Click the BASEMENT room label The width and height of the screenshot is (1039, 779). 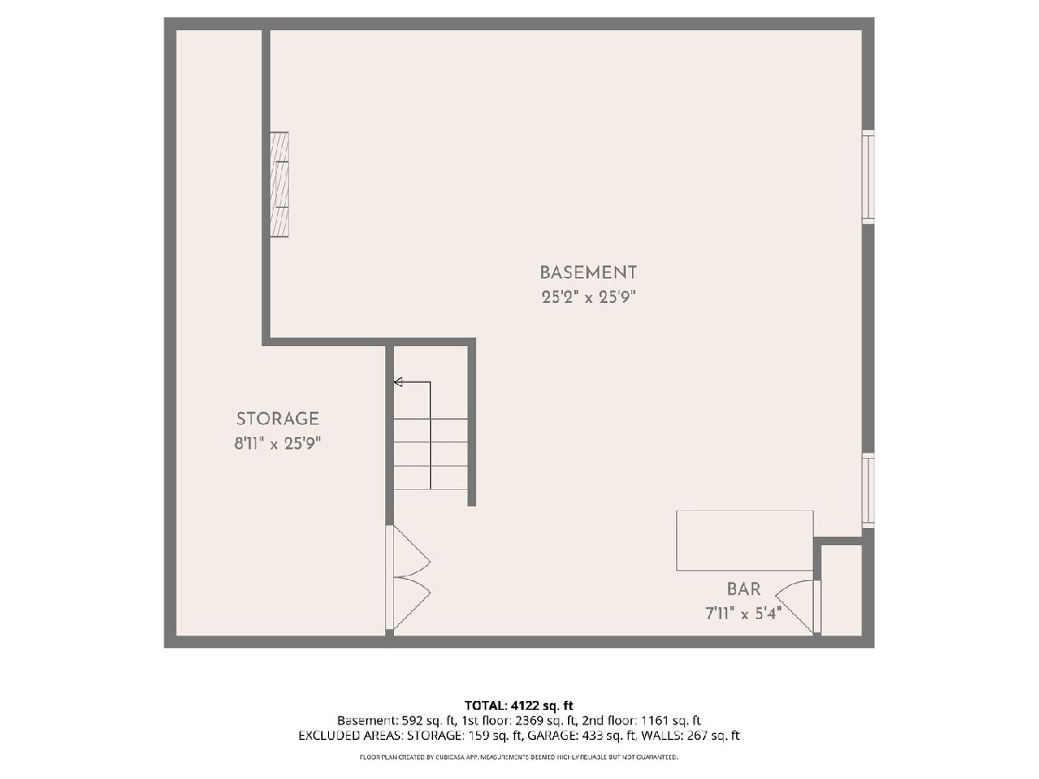coord(588,273)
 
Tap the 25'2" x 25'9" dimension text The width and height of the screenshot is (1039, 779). coord(588,298)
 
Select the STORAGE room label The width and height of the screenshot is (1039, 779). coord(277,419)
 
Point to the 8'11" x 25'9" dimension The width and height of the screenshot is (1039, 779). coord(277,444)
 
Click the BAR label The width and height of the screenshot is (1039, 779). coord(744,589)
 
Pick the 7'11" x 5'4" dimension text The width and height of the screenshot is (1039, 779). coord(743,614)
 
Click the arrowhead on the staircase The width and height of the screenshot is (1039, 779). coord(398,382)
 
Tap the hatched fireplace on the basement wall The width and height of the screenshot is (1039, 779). coord(280,184)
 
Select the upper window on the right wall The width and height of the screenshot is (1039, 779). coord(868,177)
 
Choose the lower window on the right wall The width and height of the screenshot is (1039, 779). coord(868,490)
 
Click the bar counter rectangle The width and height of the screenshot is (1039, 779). coord(745,540)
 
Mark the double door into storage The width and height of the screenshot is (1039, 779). coord(409,577)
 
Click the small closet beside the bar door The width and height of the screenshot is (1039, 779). coord(841,589)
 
